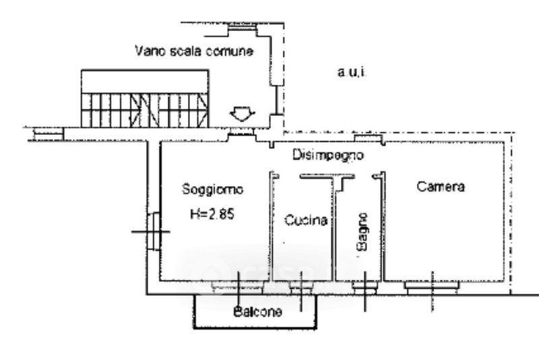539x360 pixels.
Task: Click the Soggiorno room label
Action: [212, 189]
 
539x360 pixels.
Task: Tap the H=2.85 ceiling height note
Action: [212, 214]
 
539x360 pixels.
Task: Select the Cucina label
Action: [306, 220]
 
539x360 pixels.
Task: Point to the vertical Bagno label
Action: [362, 232]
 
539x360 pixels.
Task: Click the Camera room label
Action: [441, 187]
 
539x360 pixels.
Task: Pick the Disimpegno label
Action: [328, 155]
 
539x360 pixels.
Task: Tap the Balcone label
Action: [257, 312]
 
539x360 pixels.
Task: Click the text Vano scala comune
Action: [194, 51]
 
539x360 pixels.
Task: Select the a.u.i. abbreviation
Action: [352, 73]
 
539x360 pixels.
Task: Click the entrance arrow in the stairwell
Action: [243, 114]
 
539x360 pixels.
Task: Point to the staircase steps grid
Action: [145, 110]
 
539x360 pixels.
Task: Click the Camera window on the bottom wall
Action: [432, 287]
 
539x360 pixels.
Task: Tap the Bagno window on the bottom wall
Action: [364, 287]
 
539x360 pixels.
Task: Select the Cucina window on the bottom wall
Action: [301, 287]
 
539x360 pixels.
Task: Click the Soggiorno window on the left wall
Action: [154, 231]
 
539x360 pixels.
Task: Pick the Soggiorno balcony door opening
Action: [238, 287]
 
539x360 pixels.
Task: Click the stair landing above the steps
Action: [145, 82]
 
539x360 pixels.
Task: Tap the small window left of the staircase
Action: [49, 133]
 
